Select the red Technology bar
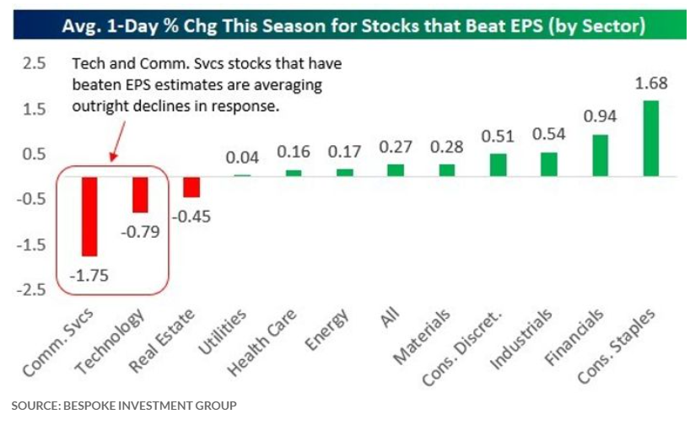pos(139,195)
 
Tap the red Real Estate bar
pos(191,186)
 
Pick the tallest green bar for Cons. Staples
pos(651,138)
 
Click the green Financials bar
pos(600,155)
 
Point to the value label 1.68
pos(651,84)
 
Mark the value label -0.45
pos(192,215)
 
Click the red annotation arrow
pos(118,138)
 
